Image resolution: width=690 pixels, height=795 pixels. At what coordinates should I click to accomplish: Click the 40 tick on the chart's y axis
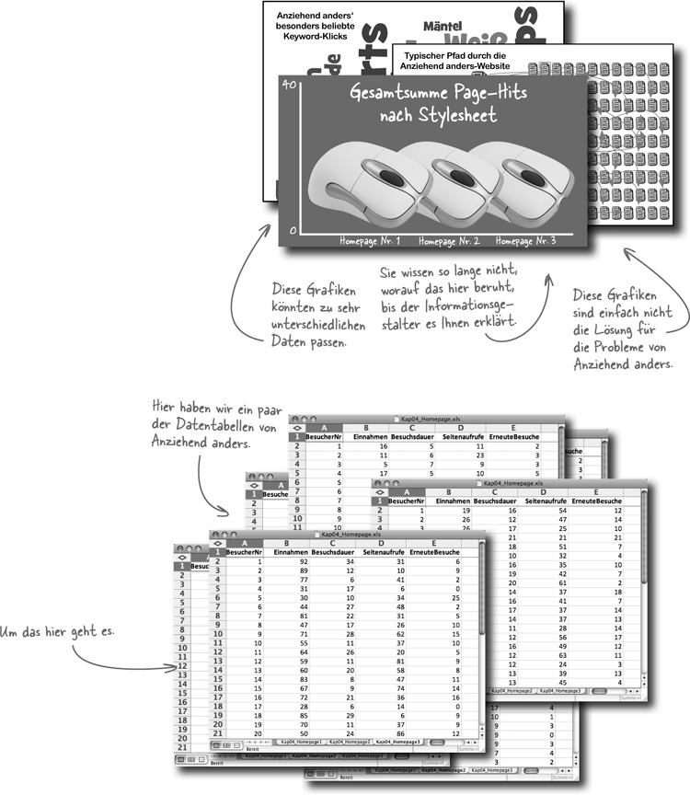289,85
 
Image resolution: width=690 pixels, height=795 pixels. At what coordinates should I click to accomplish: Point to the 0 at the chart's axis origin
293,230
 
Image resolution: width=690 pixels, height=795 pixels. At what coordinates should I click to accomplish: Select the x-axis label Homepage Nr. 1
370,241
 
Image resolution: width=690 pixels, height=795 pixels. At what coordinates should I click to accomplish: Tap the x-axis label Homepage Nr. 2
449,241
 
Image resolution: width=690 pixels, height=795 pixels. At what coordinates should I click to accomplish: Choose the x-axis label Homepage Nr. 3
525,241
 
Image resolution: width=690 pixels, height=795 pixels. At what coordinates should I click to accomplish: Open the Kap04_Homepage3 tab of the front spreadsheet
397,740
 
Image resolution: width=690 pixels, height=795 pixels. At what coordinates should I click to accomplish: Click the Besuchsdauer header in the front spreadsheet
333,551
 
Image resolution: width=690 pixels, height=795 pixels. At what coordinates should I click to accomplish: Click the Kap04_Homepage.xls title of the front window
354,534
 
